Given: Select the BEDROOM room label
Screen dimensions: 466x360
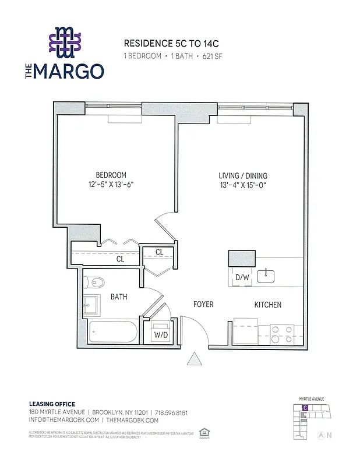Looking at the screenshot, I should click(111, 175).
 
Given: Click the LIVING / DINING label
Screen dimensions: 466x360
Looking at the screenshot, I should click(243, 175).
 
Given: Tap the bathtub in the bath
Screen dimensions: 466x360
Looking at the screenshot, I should click(113, 332).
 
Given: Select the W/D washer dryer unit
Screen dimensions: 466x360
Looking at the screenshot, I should click(161, 334).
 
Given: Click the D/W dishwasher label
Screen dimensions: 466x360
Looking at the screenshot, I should click(242, 277).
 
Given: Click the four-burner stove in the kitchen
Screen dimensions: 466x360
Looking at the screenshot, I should click(282, 333).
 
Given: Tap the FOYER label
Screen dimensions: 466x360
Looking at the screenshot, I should click(203, 305).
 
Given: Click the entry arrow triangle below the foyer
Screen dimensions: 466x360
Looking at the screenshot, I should click(194, 359).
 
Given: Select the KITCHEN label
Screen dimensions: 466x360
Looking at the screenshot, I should click(267, 305).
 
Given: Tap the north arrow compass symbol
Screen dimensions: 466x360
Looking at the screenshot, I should click(319, 435).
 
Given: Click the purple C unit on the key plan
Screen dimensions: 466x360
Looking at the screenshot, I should click(305, 408).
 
